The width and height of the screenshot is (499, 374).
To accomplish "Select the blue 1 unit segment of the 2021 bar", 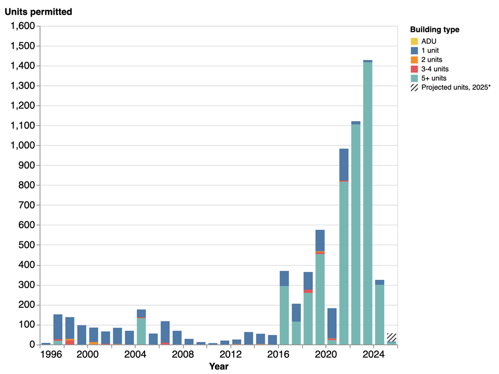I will [x=344, y=164].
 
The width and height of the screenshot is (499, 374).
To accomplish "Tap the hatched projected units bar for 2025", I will [x=391, y=338].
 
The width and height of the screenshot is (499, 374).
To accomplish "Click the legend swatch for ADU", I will [x=414, y=41].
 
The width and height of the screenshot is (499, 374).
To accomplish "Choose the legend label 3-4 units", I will [x=435, y=69].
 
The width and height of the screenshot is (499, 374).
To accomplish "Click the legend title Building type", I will [x=434, y=30].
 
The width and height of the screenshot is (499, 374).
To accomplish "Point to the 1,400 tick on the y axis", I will [x=22, y=66].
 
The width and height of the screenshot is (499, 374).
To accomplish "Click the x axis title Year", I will [x=218, y=367].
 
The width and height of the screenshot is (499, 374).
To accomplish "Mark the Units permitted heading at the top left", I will [x=38, y=12].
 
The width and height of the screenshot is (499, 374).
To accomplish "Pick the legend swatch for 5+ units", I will [x=414, y=78].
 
